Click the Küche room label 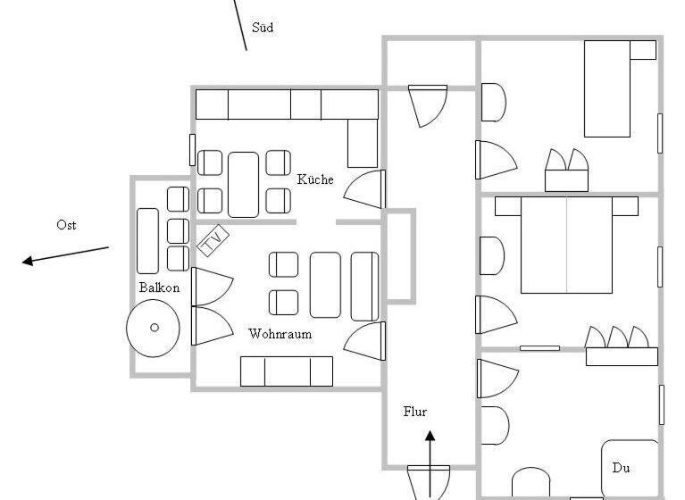pos(315,179)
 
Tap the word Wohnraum pos(280,334)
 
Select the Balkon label pos(159,287)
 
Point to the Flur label pos(414,412)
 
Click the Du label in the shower pos(621,468)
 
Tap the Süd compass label pos(263,28)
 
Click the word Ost pos(66,225)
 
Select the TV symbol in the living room pos(213,240)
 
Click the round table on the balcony pos(153,328)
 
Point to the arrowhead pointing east pos(27,261)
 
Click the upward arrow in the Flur pos(430,463)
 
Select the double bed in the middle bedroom pos(566,245)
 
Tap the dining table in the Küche pos(243,185)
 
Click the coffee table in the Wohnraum pos(325,285)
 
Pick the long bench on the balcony pos(147,241)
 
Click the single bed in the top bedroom pos(607,88)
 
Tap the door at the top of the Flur pos(428,105)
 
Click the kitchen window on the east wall pos(192,150)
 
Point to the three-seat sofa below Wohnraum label pos(287,371)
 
